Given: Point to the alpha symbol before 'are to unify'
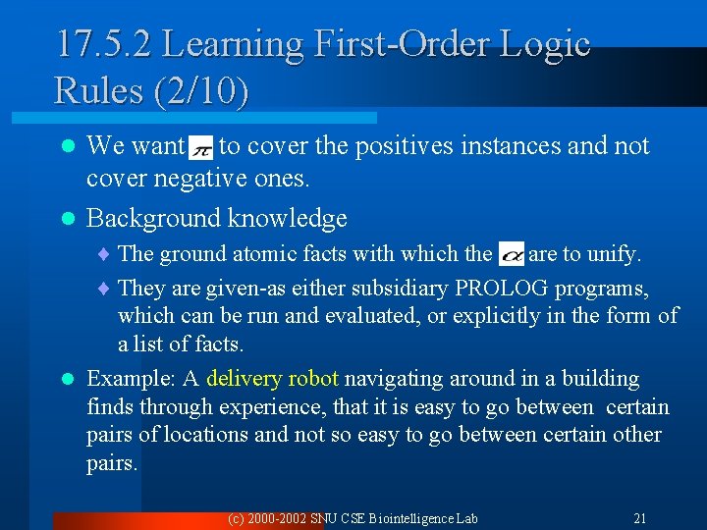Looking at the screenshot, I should coord(512,255).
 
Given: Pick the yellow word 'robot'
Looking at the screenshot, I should coord(313,379).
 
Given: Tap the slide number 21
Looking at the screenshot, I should coord(640,517).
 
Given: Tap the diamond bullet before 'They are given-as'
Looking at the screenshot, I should coord(106,290).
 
